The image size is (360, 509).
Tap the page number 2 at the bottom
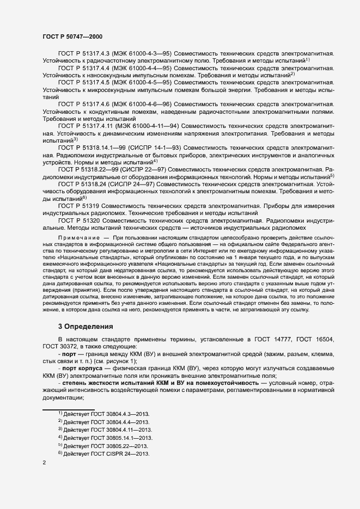coord(44,463)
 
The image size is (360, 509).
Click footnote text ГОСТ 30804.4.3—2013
coord(107,414)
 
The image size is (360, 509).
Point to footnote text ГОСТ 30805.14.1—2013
coord(108,438)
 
